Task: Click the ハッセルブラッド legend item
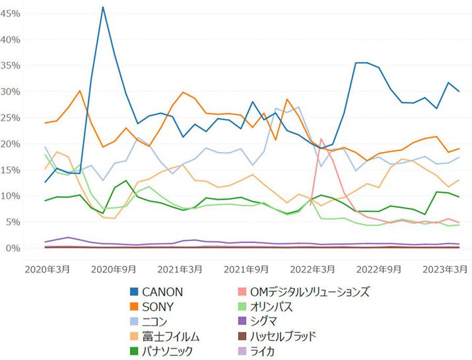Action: [x=293, y=337]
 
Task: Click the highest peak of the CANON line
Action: [x=103, y=7]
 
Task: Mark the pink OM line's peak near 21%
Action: [x=321, y=139]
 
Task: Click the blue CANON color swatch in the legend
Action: [x=134, y=291]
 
